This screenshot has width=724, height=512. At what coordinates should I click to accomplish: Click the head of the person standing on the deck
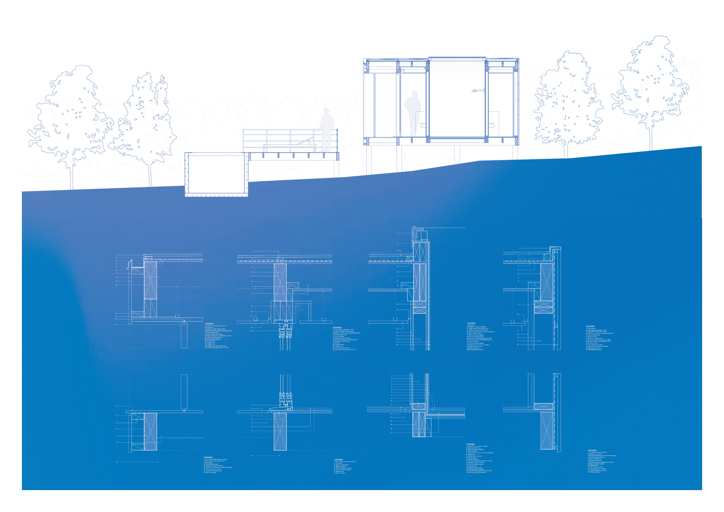(x=326, y=112)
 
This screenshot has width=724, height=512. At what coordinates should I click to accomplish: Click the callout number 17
(x=391, y=432)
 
